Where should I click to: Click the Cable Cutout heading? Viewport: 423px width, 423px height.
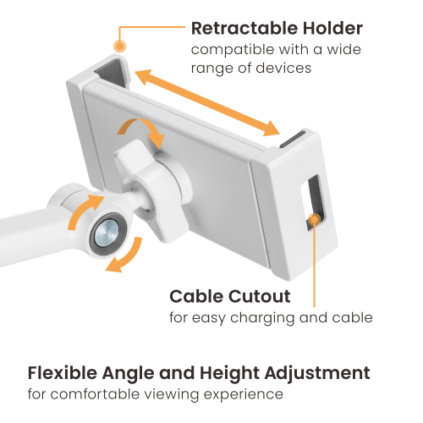pyautogui.click(x=230, y=297)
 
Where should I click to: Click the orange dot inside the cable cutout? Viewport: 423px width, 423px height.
pyautogui.click(x=314, y=220)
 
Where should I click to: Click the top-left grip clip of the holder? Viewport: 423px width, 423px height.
pyautogui.click(x=113, y=70)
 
